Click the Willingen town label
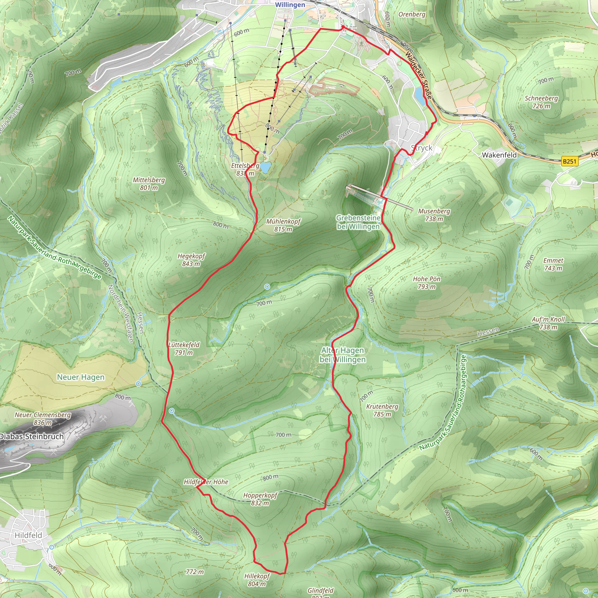[x=290, y=5]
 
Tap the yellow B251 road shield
[x=569, y=161]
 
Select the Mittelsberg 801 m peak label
[x=149, y=184]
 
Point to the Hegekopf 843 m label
[x=191, y=260]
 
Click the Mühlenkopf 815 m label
[x=283, y=225]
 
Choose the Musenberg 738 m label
[x=434, y=215]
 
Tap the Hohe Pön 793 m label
[x=427, y=283]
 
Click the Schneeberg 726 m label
[x=541, y=102]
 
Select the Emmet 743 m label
[x=553, y=264]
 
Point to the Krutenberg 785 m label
[x=382, y=410]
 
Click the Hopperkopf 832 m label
[x=260, y=499]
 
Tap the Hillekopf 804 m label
[x=257, y=580]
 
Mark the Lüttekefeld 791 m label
[x=184, y=349]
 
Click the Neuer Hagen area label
[x=81, y=377]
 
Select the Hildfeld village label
[x=28, y=535]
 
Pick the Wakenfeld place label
[x=499, y=155]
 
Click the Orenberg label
[x=412, y=14]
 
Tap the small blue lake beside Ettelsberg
[x=265, y=167]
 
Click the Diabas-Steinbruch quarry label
[x=32, y=437]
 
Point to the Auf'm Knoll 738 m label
[x=548, y=323]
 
